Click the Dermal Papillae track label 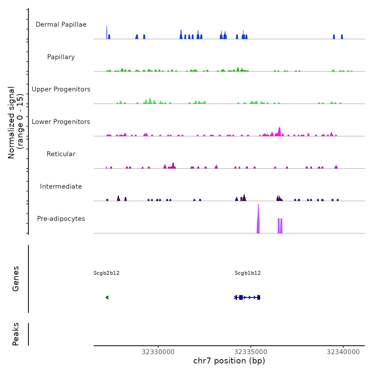pyautogui.click(x=61, y=25)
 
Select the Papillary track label pyautogui.click(x=61, y=57)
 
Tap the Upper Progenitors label pyautogui.click(x=61, y=89)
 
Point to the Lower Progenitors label pyautogui.click(x=61, y=122)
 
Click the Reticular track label pyautogui.click(x=61, y=154)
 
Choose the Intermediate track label pyautogui.click(x=61, y=186)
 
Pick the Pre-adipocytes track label pyautogui.click(x=61, y=219)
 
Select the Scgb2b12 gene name pyautogui.click(x=107, y=273)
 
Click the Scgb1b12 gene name pyautogui.click(x=248, y=273)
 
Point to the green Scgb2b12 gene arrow pyautogui.click(x=107, y=298)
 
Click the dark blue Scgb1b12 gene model pyautogui.click(x=247, y=298)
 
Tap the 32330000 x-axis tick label pyautogui.click(x=158, y=352)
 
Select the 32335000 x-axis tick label pyautogui.click(x=251, y=352)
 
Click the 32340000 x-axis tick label pyautogui.click(x=343, y=352)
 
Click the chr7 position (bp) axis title pyautogui.click(x=229, y=361)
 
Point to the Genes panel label pyautogui.click(x=16, y=279)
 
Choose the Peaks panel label pyautogui.click(x=16, y=334)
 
